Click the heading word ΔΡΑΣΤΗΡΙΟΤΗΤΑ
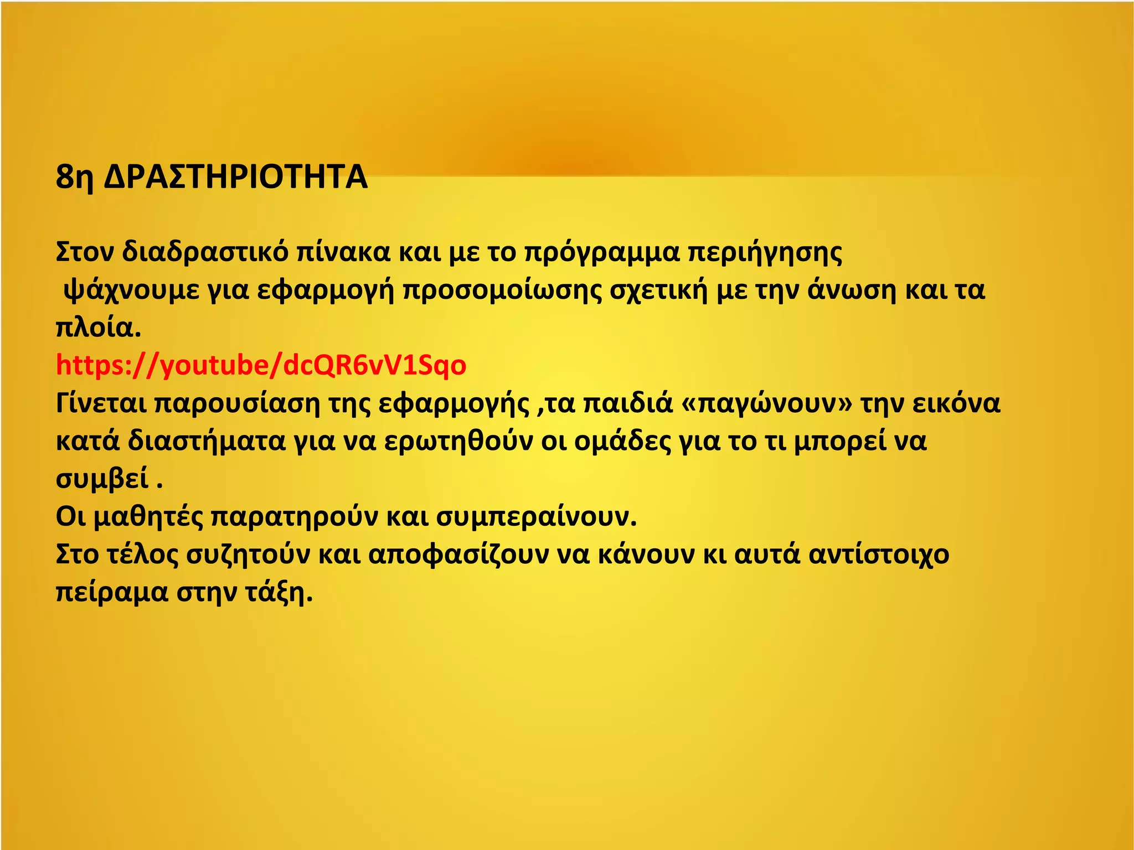coord(235,177)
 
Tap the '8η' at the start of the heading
coord(74,177)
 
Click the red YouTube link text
coord(261,365)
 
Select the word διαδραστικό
coord(205,252)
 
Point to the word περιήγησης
coord(765,252)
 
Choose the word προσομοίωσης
coord(502,291)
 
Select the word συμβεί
coord(102,479)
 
